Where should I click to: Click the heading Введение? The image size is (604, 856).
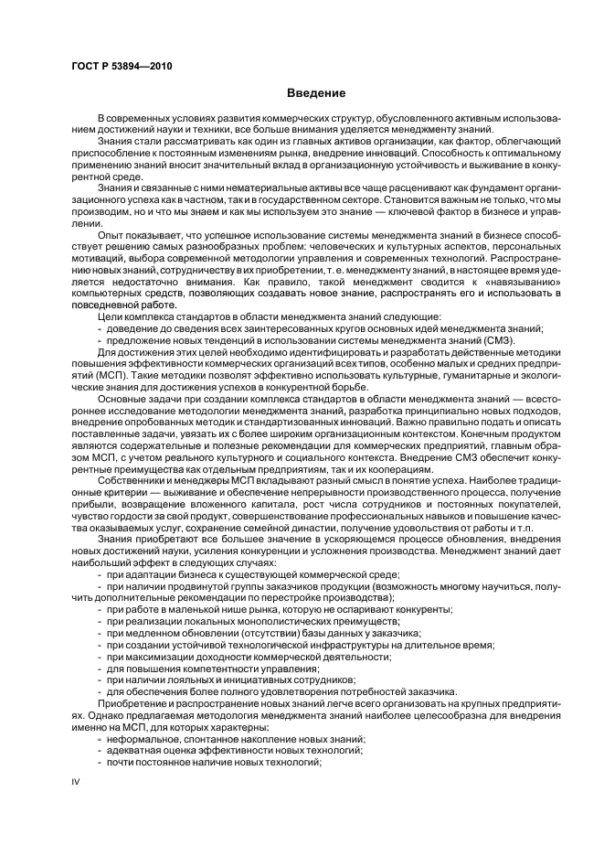(316, 92)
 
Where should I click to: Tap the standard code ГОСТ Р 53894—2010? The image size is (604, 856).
(123, 67)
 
